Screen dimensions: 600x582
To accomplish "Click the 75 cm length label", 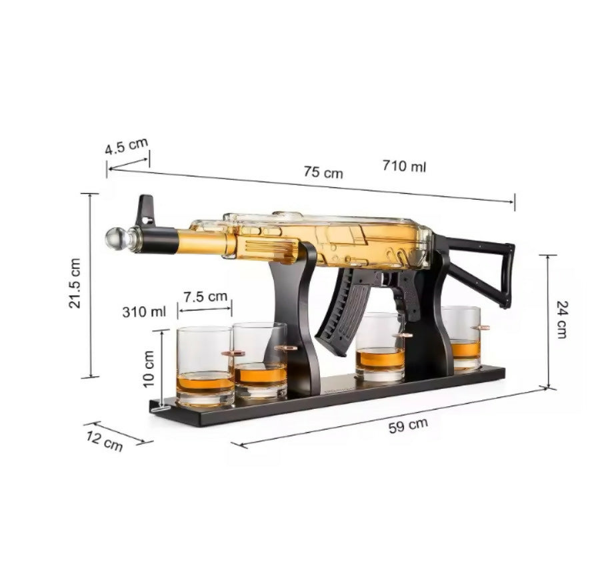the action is (x=323, y=172).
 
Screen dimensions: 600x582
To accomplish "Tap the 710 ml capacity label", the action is (x=404, y=166).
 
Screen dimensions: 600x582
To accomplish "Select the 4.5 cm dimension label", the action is (x=126, y=146).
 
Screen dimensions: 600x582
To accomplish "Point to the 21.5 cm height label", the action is (x=75, y=283).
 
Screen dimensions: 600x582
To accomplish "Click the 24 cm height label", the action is (x=562, y=320).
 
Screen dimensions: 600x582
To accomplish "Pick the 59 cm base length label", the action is (x=408, y=426).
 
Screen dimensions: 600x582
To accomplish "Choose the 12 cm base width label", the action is (x=104, y=441).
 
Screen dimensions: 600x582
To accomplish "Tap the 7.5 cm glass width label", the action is (x=205, y=296).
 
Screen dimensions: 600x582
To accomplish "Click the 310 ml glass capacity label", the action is (x=144, y=312).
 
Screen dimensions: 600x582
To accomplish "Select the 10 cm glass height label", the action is (x=148, y=369).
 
